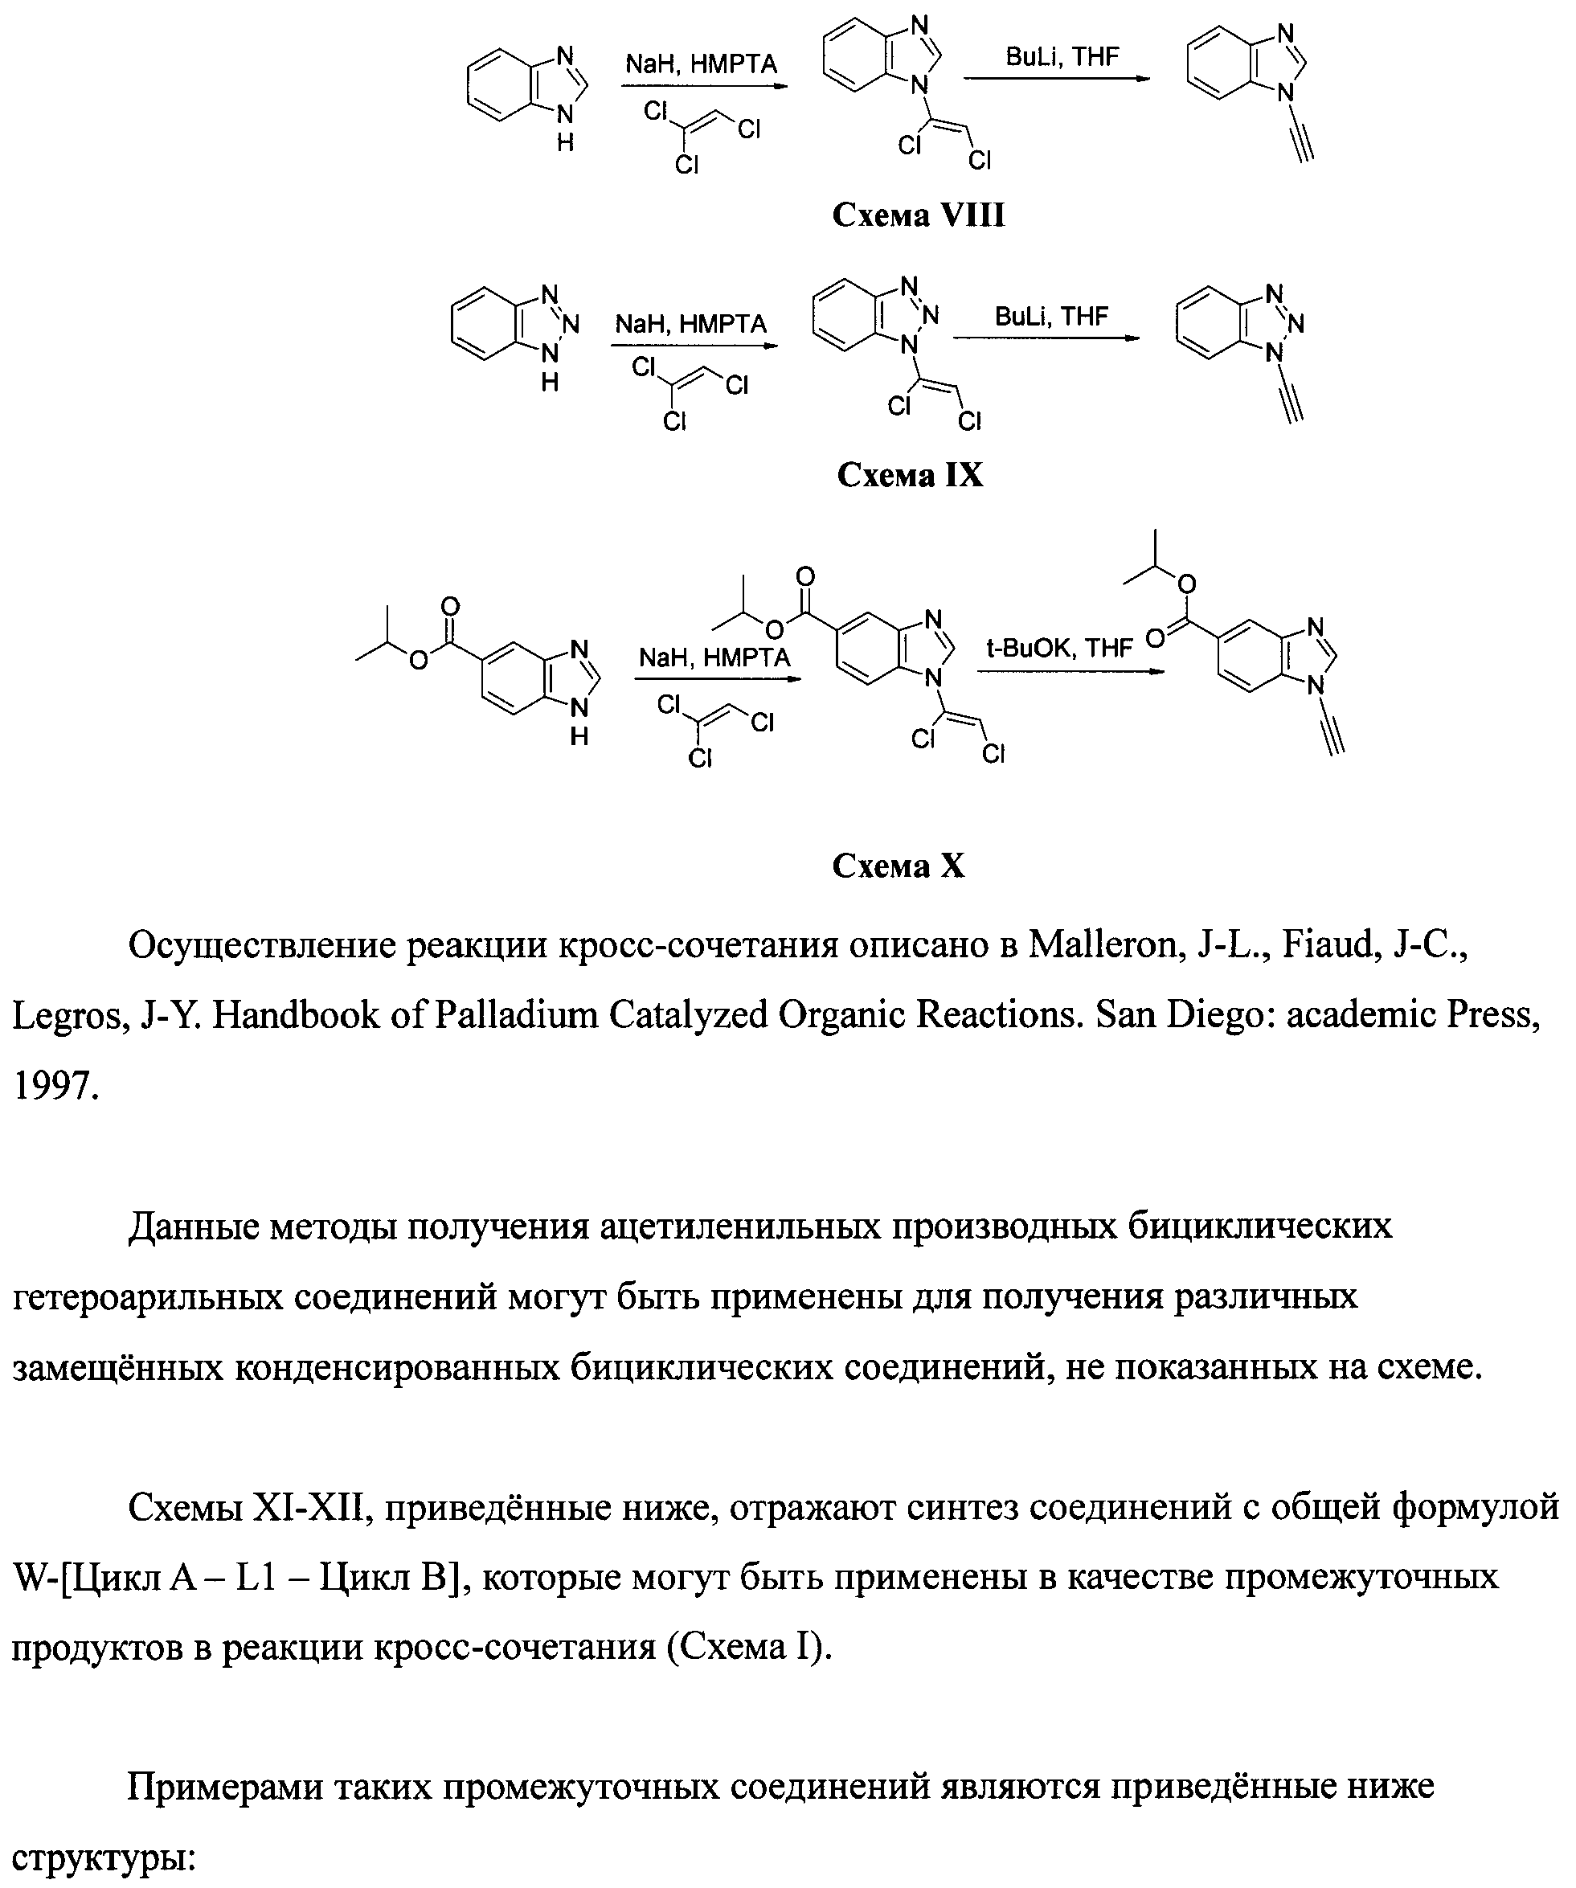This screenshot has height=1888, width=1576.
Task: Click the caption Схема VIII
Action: (x=918, y=215)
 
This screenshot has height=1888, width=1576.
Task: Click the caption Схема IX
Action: (x=910, y=475)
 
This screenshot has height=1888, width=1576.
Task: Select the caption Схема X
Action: (x=899, y=865)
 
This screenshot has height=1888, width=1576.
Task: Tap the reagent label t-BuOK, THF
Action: (x=1059, y=647)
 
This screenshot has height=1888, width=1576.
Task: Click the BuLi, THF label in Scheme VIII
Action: (x=1062, y=58)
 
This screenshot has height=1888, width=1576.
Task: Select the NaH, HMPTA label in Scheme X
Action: (x=714, y=658)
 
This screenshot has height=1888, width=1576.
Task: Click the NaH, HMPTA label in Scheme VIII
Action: (x=702, y=65)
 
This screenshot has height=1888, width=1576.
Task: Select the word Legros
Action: (x=70, y=1016)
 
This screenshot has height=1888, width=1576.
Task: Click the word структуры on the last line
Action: (x=104, y=1857)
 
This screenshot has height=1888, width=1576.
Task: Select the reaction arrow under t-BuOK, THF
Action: (x=1070, y=670)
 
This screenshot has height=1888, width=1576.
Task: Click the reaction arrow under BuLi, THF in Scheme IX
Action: (x=1046, y=339)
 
